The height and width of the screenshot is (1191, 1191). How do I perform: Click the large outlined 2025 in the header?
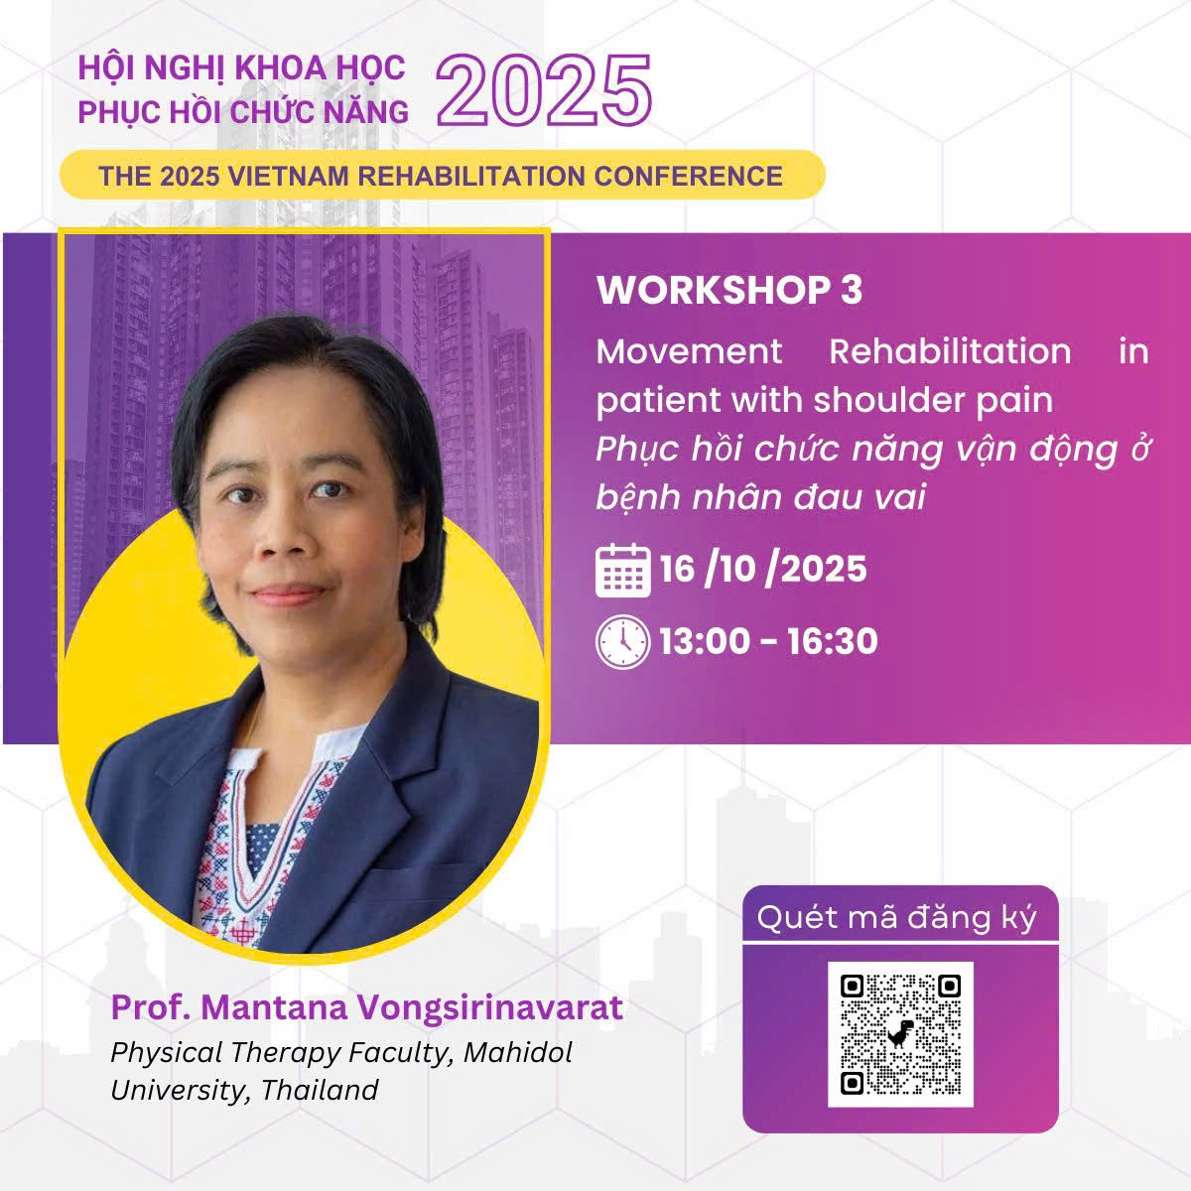point(544,90)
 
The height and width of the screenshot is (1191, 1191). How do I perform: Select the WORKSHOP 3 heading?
point(729,290)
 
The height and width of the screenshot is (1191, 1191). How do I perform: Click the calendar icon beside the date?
point(623,570)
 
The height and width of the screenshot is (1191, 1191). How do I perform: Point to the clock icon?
point(623,642)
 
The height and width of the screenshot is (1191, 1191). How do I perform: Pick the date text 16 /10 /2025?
point(763,570)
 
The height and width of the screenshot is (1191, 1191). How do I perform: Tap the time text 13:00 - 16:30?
point(768,641)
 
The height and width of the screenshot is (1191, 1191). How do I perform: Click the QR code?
point(900,1034)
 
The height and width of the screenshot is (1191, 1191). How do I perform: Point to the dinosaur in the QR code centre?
point(900,1033)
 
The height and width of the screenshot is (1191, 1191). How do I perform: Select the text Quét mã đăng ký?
point(897,918)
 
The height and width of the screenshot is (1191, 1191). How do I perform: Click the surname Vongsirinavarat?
point(490,1008)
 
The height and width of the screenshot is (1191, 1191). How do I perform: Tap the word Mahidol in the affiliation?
point(518,1053)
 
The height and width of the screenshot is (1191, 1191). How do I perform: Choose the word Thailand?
point(320,1090)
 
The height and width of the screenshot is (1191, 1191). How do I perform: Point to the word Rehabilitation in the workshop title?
point(950,351)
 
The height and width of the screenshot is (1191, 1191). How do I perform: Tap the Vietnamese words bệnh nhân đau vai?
point(761,497)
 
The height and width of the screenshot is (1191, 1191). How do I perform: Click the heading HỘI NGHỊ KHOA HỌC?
point(241,67)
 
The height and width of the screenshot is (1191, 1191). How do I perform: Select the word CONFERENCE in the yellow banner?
point(689,176)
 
